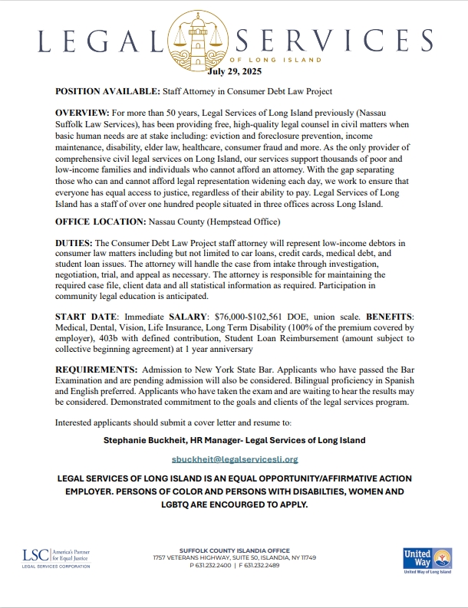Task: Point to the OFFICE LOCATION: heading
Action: pyautogui.click(x=104, y=221)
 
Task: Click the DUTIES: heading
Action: pyautogui.click(x=76, y=242)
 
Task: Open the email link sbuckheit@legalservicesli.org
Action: pyautogui.click(x=234, y=459)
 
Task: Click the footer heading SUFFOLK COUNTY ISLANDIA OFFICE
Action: pyautogui.click(x=234, y=550)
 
